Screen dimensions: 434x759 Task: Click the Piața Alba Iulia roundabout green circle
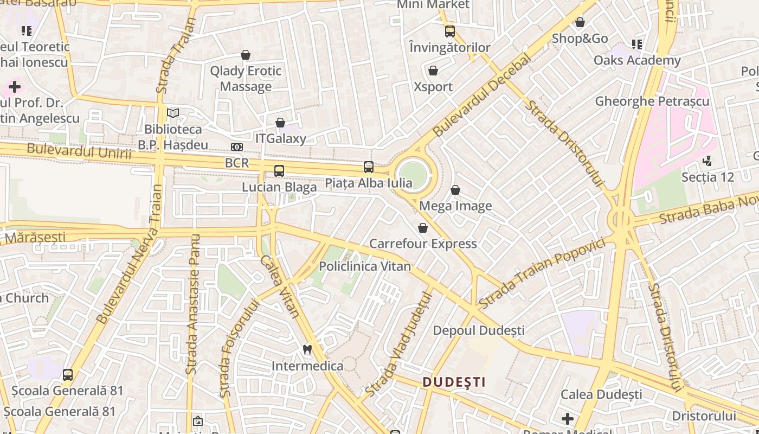(413, 174)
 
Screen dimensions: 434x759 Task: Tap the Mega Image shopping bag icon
(455, 190)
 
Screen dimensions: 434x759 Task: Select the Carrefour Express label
(423, 244)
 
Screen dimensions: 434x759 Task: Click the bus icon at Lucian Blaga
(279, 171)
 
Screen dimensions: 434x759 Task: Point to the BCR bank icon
(236, 147)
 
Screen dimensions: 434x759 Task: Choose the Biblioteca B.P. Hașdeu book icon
(173, 113)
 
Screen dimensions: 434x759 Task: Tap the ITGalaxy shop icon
(280, 123)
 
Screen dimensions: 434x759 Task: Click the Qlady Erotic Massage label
(246, 79)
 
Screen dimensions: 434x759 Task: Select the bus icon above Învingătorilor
(450, 31)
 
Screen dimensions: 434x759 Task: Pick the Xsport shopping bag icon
(433, 71)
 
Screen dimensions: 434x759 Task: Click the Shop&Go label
(580, 39)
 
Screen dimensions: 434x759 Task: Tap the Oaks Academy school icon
(637, 44)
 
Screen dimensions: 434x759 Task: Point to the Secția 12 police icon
(707, 161)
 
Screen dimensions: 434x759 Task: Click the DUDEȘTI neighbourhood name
(454, 382)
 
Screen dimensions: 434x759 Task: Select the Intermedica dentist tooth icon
(307, 350)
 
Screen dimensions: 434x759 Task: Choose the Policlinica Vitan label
(364, 266)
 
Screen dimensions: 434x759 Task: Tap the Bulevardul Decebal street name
(481, 96)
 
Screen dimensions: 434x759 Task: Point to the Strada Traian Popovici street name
(542, 273)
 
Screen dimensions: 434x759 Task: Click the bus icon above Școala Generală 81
(68, 374)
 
